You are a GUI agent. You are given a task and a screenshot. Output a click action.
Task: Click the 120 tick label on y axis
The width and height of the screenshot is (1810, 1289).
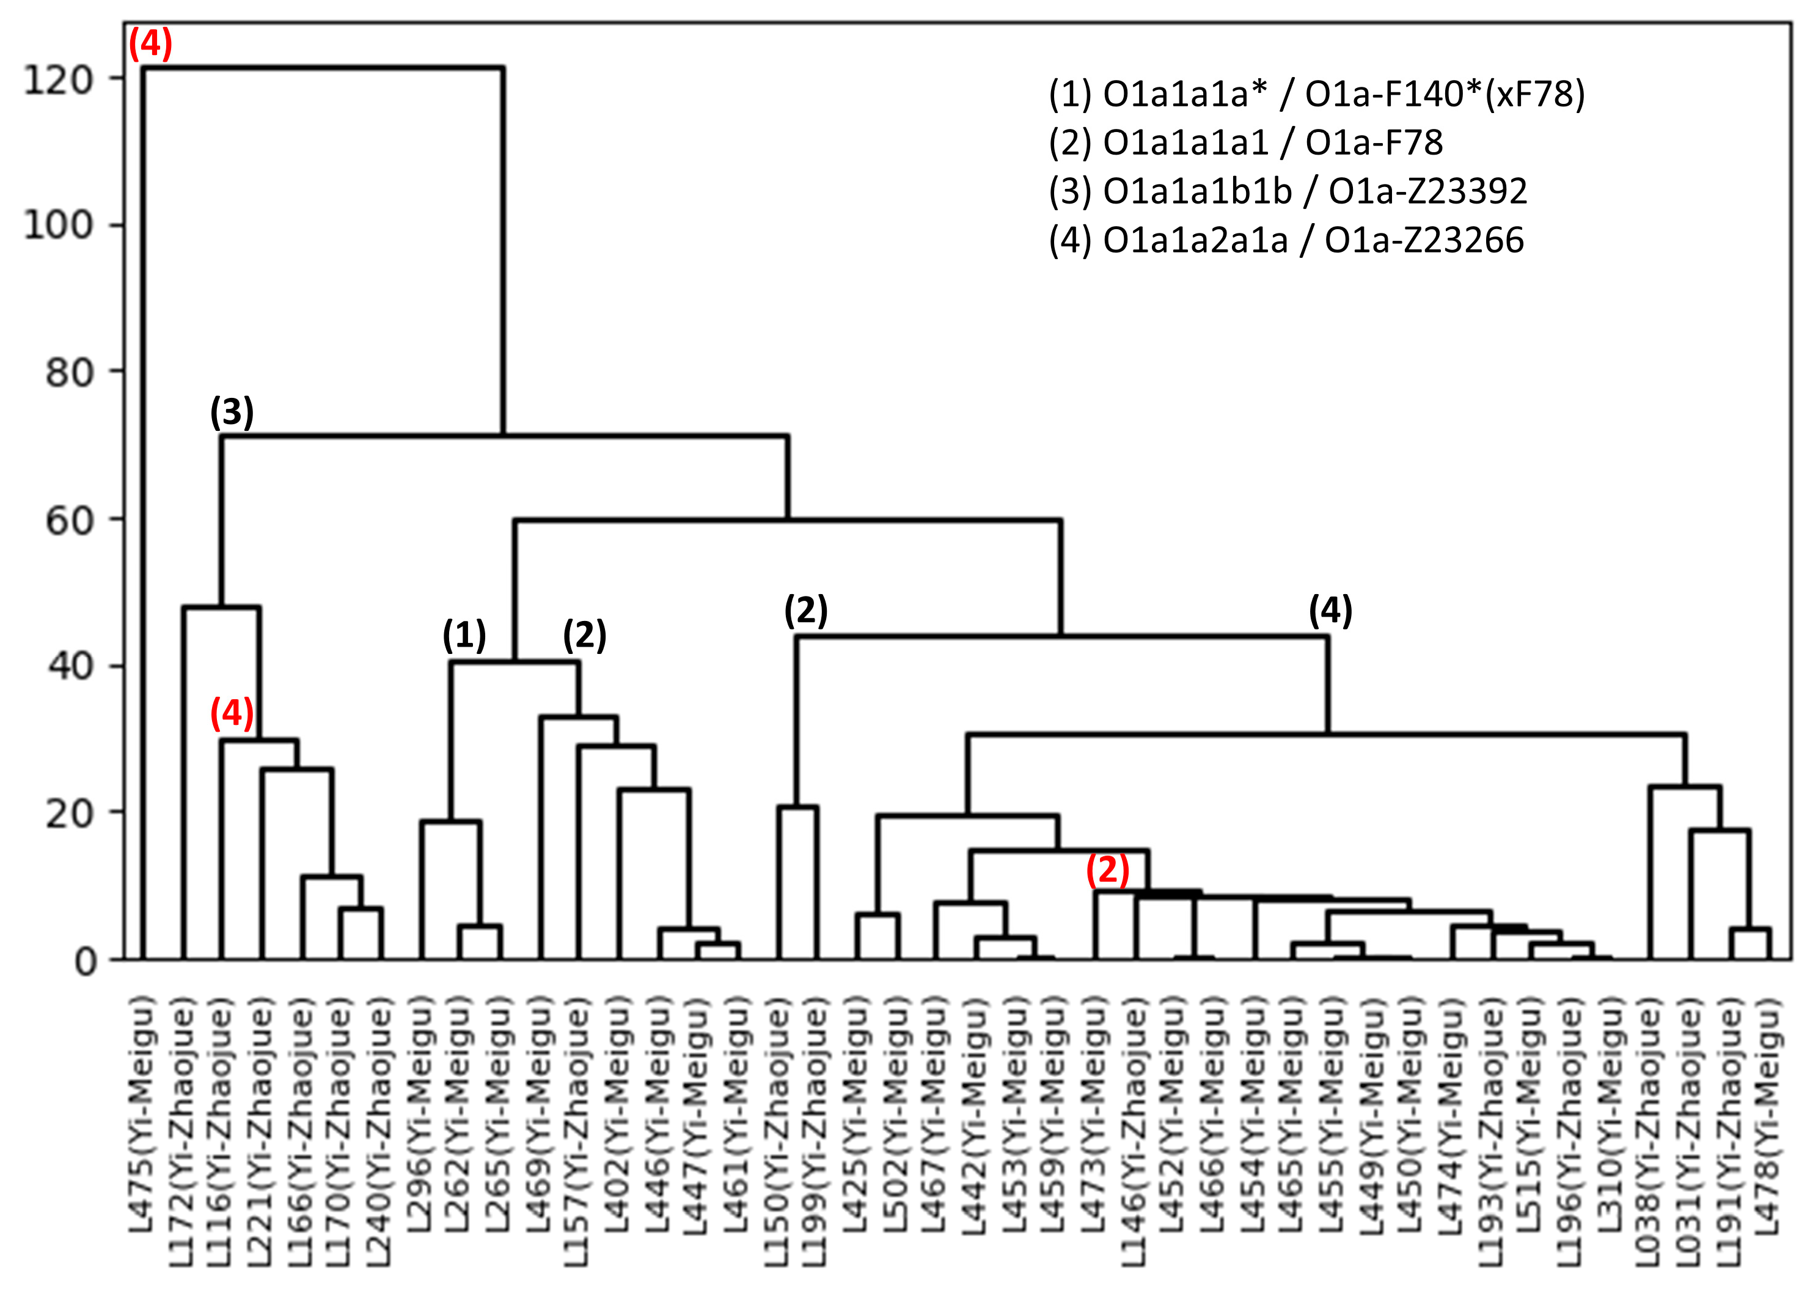click(x=59, y=79)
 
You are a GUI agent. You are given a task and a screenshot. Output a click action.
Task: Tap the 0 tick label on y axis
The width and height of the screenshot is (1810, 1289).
click(x=85, y=962)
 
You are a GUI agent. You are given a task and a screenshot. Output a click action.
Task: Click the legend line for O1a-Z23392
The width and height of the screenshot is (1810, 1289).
click(x=1287, y=191)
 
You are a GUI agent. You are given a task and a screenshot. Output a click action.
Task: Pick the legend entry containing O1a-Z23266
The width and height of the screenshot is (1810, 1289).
click(x=1286, y=240)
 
